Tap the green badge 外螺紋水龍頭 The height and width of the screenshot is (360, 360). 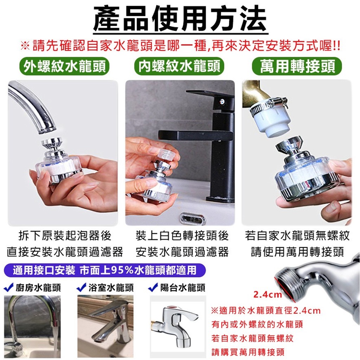(64, 66)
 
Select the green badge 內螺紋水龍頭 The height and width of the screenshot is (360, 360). (179, 66)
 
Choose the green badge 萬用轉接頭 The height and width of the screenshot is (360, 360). (297, 66)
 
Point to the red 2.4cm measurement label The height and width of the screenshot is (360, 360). (268, 294)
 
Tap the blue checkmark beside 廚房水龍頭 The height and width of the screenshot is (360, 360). (9, 287)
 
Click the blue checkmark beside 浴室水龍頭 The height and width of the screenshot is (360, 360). (81, 287)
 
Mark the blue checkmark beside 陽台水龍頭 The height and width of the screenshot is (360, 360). (153, 287)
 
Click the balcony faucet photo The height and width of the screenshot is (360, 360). (178, 326)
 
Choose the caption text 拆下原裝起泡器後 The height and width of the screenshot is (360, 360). (65, 236)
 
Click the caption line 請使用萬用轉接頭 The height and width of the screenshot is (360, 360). (297, 252)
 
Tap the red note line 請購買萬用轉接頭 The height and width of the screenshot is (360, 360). (248, 352)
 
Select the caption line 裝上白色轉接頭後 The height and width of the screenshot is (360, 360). (182, 236)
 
